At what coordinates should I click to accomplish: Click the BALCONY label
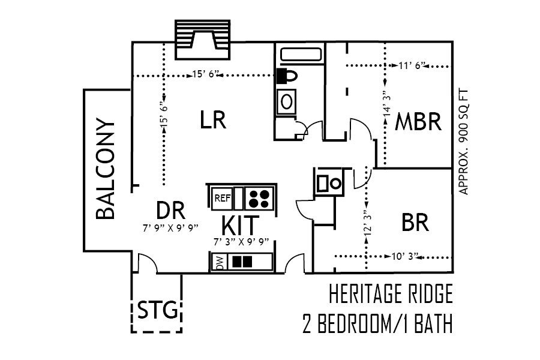106,170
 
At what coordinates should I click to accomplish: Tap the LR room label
212,120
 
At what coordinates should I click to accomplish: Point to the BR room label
415,223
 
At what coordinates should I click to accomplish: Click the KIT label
241,226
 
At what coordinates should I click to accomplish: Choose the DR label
170,211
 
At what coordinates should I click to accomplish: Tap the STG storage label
157,311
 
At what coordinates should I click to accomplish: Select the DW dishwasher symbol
218,262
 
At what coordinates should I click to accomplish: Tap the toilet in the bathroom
289,76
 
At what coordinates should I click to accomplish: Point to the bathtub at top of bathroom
300,55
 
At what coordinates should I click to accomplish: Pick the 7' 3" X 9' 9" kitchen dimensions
241,242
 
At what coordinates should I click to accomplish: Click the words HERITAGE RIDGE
390,295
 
